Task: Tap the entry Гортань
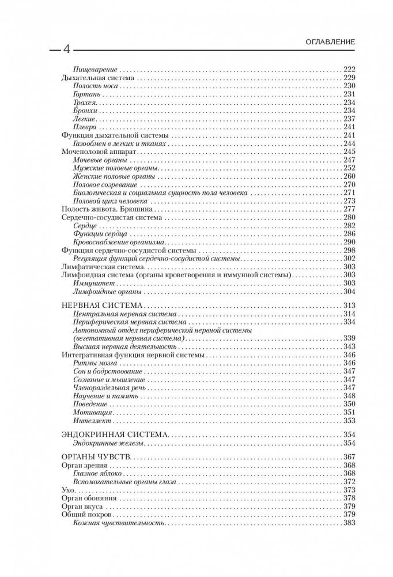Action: point(85,93)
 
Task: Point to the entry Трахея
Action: point(84,102)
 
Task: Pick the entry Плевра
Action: point(84,127)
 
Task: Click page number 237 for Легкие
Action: point(349,119)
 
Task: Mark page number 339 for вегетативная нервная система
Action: point(349,338)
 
